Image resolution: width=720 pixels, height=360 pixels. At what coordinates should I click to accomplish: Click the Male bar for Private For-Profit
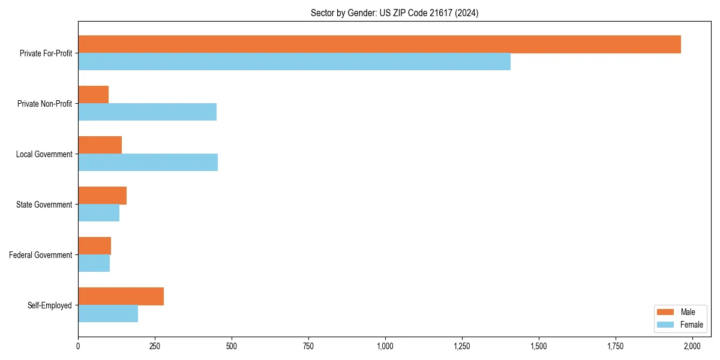click(x=379, y=44)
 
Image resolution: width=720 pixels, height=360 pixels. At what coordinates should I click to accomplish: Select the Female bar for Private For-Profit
click(x=294, y=62)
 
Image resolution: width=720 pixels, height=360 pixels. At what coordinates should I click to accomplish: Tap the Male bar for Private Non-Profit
click(x=94, y=95)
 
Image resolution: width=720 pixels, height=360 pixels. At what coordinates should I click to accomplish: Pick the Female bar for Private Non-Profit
click(x=147, y=112)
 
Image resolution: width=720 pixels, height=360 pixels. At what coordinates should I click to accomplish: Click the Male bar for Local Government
click(x=100, y=145)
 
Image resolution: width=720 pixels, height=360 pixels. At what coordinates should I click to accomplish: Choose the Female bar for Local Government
click(x=148, y=163)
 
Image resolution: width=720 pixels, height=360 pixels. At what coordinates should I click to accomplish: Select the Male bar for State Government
click(x=103, y=196)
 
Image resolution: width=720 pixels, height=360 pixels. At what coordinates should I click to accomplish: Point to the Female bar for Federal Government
click(x=94, y=263)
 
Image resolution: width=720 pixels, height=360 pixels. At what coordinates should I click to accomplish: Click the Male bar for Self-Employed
click(x=121, y=296)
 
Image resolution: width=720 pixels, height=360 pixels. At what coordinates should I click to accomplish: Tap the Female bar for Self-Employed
click(x=108, y=314)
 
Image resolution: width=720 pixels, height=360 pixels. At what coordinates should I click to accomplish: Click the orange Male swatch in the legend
click(x=666, y=312)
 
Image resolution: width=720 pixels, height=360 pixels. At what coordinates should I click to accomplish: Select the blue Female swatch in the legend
click(x=666, y=325)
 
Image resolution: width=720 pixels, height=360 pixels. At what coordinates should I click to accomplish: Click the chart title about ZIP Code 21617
click(x=394, y=13)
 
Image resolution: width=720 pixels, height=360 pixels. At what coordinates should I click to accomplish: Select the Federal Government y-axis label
click(x=41, y=255)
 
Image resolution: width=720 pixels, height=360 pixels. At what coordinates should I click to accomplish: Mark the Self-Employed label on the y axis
click(x=50, y=305)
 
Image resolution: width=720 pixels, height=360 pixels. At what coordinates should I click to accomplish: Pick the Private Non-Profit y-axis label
click(x=44, y=104)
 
